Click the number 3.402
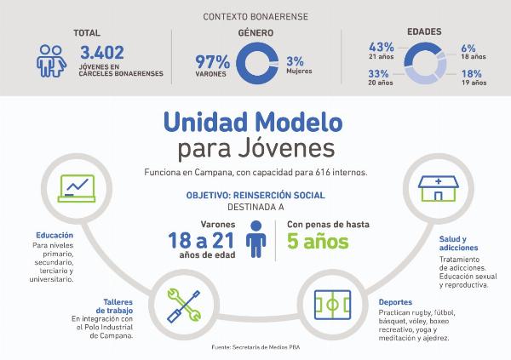click(102, 53)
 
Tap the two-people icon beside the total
click(51, 61)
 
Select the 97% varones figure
click(212, 61)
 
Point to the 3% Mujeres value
click(296, 61)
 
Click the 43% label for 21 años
click(382, 47)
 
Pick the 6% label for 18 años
click(468, 49)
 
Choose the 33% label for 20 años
click(378, 74)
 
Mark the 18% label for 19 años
click(472, 74)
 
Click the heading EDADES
click(424, 31)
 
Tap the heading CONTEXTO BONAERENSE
click(255, 17)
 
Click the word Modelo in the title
click(299, 123)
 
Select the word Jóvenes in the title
click(286, 149)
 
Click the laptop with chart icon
click(77, 188)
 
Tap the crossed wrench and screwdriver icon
click(184, 306)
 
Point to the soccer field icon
click(332, 305)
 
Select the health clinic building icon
click(439, 189)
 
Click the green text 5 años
click(318, 242)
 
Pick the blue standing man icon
click(256, 239)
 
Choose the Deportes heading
click(395, 302)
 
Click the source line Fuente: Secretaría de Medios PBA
click(255, 347)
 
